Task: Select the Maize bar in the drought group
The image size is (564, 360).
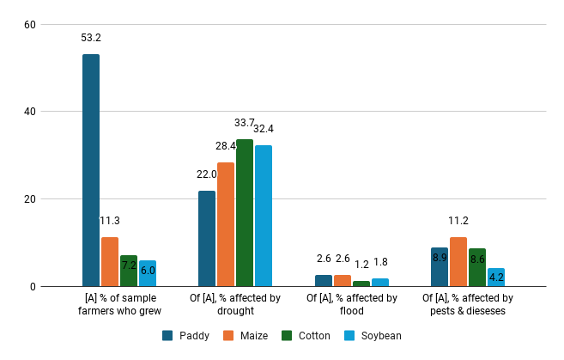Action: (x=226, y=224)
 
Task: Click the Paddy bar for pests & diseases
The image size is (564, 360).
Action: (x=440, y=267)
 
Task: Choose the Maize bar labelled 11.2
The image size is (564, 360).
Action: (x=458, y=262)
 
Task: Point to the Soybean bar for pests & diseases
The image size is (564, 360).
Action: (x=496, y=278)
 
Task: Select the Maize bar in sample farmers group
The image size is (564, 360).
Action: (x=110, y=261)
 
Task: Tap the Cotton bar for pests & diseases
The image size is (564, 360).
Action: (x=477, y=267)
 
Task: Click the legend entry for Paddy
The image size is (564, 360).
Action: (x=187, y=335)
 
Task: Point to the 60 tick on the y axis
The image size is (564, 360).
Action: (x=29, y=24)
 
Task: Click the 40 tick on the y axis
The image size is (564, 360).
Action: (x=29, y=112)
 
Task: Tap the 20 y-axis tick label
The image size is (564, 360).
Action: (x=29, y=199)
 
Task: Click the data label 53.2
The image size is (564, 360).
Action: (x=91, y=38)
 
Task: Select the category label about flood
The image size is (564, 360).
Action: (x=352, y=304)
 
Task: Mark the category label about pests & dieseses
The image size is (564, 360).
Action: (x=468, y=304)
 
